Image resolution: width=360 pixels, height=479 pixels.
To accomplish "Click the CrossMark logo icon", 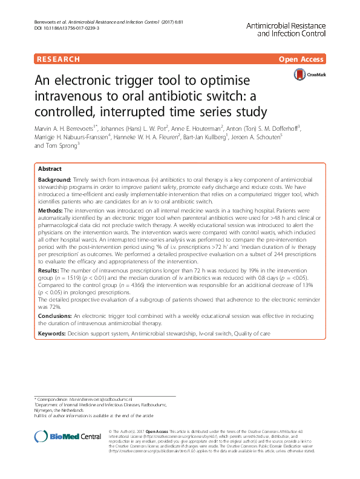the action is click(300, 74).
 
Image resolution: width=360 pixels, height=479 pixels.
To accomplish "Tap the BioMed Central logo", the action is click(59, 437).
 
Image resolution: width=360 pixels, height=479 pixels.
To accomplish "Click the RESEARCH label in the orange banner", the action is click(58, 59).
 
